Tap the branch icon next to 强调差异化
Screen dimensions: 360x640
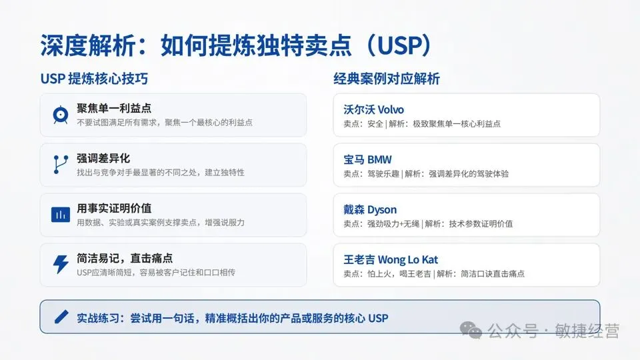click(x=60, y=165)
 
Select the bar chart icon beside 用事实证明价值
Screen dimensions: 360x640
click(x=60, y=215)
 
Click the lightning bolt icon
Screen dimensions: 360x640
click(x=60, y=265)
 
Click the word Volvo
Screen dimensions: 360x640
click(x=391, y=109)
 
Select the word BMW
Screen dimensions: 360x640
click(x=379, y=159)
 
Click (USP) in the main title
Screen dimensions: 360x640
click(x=399, y=45)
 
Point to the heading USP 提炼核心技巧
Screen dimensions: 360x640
click(x=94, y=79)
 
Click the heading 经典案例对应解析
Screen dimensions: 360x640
click(x=387, y=79)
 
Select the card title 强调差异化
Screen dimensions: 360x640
click(x=103, y=159)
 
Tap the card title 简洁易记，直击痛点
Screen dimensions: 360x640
click(x=125, y=258)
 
